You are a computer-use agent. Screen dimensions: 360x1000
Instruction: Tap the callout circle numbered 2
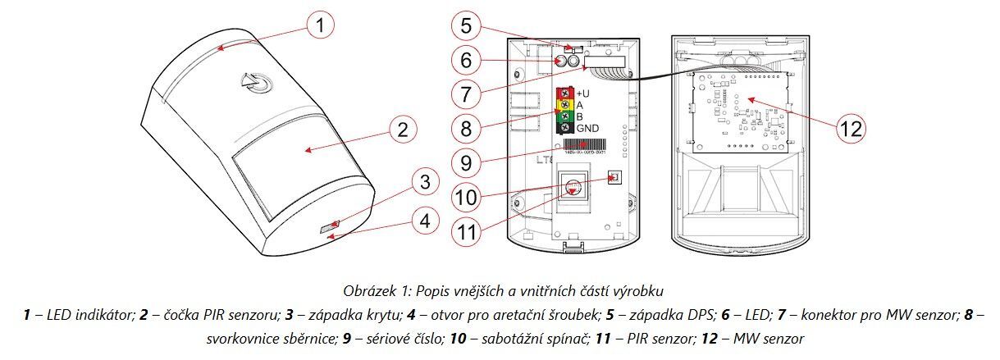click(401, 130)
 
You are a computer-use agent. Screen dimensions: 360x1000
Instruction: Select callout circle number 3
click(424, 183)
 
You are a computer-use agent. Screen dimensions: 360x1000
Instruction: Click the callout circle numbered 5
click(465, 26)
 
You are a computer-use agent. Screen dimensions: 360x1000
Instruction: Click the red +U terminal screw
click(564, 93)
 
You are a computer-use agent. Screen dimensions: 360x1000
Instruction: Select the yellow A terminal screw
click(564, 104)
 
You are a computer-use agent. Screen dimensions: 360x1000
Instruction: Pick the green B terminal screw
click(564, 116)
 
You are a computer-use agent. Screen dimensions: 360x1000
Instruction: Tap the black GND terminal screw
click(564, 128)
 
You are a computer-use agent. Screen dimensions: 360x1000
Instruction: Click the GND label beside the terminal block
click(588, 129)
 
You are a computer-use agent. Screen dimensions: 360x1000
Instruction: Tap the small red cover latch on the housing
click(328, 224)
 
